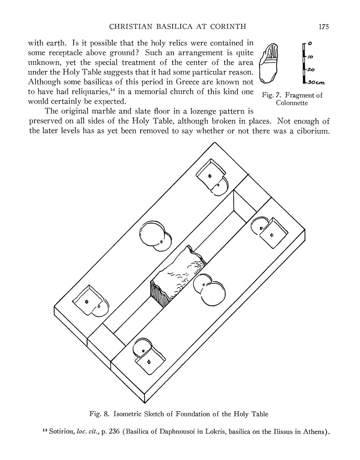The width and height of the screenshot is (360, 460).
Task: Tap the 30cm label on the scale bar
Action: click(317, 83)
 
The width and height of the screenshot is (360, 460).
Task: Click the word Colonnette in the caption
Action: click(292, 103)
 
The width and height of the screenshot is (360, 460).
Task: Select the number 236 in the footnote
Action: click(115, 433)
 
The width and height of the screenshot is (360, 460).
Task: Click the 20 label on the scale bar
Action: click(311, 70)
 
